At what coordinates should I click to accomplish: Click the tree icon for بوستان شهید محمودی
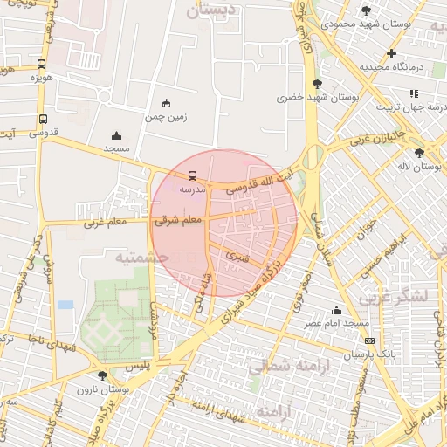(365, 10)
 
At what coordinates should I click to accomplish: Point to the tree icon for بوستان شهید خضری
(316, 84)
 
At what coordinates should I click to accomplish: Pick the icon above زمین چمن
(167, 102)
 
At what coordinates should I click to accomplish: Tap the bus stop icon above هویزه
(43, 64)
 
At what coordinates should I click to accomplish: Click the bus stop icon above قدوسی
(43, 120)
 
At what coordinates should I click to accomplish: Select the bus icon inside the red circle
(192, 175)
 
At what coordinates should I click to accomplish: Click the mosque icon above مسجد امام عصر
(337, 310)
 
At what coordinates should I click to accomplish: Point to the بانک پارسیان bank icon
(370, 340)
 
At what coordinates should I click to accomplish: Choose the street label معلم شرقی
(177, 222)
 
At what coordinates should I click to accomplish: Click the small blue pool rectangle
(65, 305)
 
